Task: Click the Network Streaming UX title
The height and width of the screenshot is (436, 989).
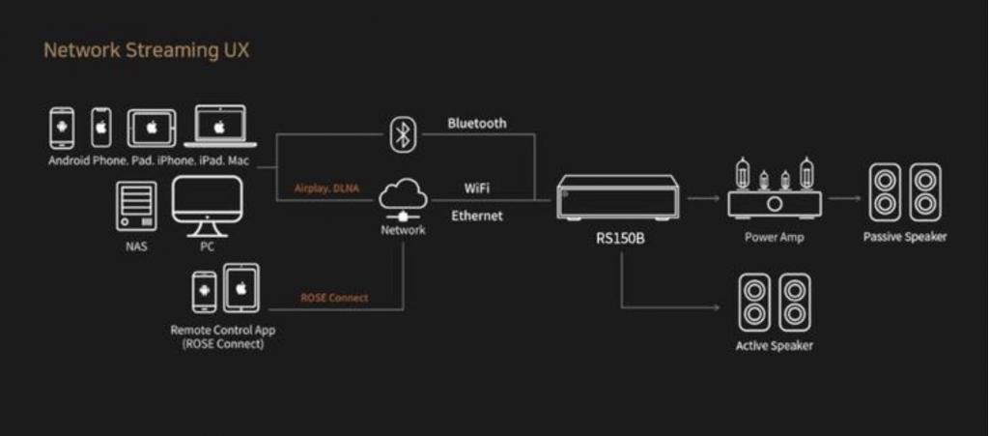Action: pos(146,50)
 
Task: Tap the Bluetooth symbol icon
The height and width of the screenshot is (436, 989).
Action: pos(401,133)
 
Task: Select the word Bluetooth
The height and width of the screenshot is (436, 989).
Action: pos(476,124)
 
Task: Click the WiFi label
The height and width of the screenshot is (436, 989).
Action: pos(476,187)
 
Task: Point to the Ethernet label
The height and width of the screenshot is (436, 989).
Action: pos(476,216)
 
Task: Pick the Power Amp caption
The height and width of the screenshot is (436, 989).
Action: pos(774,237)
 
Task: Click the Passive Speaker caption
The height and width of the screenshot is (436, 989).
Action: pos(905,237)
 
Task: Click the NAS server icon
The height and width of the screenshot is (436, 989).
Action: pos(135,206)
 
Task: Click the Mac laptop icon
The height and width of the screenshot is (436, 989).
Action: pos(220,127)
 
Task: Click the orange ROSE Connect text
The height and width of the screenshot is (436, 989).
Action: pos(334,298)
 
